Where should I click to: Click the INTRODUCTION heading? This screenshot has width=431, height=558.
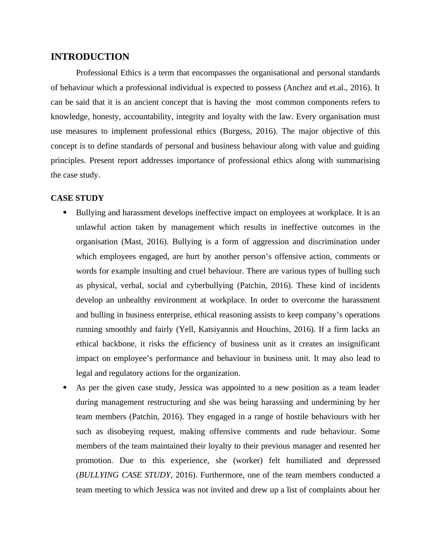(x=90, y=57)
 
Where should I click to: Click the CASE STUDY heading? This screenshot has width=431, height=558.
(x=77, y=198)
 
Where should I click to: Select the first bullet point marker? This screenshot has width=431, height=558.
(x=65, y=213)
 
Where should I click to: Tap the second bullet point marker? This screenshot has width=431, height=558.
(x=65, y=388)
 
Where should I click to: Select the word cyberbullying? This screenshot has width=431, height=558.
(x=210, y=286)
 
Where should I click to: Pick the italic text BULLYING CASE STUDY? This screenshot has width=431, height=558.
(x=124, y=475)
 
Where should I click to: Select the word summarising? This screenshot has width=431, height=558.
(x=358, y=161)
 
